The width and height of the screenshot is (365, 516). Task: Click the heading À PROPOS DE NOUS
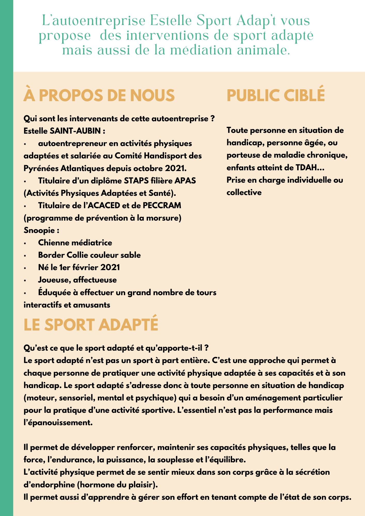[99, 95]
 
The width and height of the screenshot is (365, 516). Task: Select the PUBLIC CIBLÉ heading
[275, 95]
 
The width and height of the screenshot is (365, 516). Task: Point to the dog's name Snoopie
[39, 230]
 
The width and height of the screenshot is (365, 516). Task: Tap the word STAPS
[136, 181]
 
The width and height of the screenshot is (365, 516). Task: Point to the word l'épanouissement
[58, 423]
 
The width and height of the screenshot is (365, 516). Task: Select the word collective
[244, 192]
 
